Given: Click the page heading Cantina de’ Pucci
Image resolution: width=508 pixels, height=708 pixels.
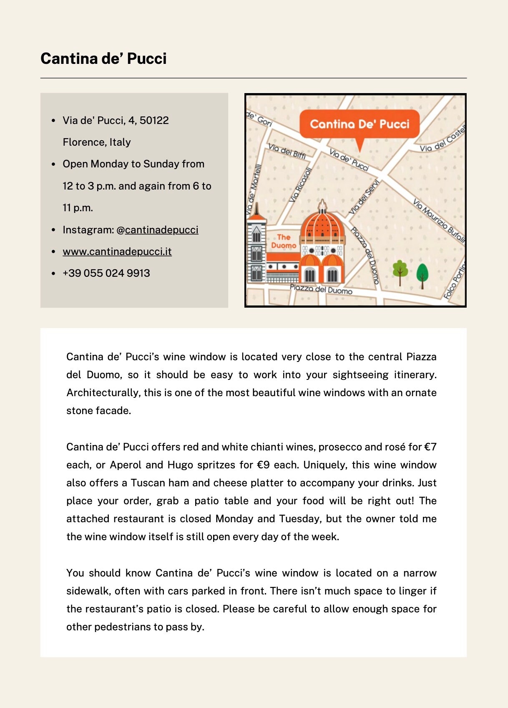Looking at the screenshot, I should point(103,58).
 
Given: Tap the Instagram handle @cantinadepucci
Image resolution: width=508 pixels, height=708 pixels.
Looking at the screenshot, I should point(157,230).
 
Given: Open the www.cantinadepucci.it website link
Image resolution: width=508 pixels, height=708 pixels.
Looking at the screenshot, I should point(117,251).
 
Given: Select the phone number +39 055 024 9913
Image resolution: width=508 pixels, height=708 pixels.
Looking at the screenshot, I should point(106,273).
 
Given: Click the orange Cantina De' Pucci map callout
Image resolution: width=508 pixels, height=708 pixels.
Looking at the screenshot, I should point(359,124).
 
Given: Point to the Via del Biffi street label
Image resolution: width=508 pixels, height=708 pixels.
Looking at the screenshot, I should point(287,151).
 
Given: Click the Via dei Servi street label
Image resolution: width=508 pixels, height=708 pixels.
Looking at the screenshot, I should point(364,197).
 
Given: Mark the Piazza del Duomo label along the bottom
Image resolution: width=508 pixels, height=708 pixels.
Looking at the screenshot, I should point(321,289).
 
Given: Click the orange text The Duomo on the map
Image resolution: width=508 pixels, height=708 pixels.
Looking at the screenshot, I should point(284,241).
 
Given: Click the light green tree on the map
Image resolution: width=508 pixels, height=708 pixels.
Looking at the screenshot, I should point(400,272).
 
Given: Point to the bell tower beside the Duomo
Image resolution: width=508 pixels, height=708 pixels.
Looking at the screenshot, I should point(256,248).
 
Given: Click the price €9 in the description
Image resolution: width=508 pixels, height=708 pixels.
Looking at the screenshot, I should point(263,465).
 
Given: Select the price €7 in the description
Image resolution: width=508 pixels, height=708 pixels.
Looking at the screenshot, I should point(430,447).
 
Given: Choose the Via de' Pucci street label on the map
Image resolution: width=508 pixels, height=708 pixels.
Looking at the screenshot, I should point(349,160).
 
